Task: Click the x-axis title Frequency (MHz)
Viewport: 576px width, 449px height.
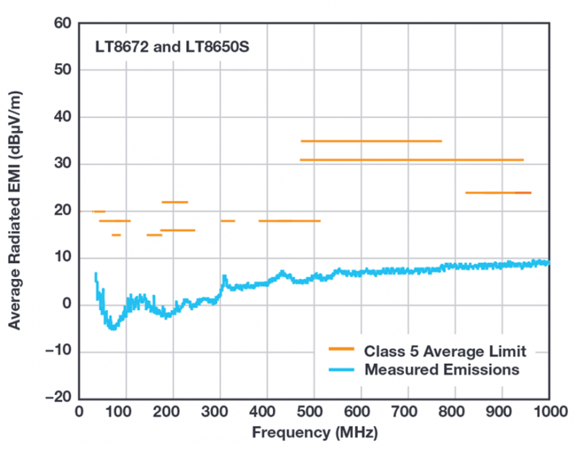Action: (x=314, y=434)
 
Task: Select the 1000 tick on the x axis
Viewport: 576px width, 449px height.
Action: (x=550, y=413)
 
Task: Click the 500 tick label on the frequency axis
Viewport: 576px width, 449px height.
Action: (x=315, y=413)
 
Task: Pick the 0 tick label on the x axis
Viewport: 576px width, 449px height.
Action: (x=79, y=413)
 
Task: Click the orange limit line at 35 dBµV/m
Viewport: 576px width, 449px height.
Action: (x=371, y=141)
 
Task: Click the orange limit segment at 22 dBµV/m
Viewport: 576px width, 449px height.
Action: (x=175, y=203)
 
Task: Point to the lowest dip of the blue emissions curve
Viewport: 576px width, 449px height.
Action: (x=112, y=328)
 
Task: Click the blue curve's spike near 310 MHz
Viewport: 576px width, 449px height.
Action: (x=225, y=276)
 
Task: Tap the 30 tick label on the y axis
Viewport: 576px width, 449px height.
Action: (x=63, y=164)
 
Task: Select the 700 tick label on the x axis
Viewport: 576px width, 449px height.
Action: (x=408, y=413)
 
